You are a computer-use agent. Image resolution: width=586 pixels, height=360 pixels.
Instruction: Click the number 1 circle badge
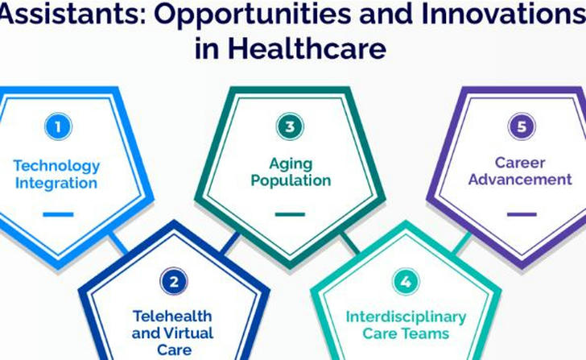58,126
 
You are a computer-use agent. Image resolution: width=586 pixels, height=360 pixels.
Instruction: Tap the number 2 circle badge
174,281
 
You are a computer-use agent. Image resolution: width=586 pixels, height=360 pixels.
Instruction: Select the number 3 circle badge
290,126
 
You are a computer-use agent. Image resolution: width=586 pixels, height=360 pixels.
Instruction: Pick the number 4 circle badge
406,281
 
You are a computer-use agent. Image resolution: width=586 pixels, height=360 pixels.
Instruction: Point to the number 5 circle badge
522,126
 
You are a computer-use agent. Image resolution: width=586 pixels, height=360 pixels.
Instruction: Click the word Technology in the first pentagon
57,166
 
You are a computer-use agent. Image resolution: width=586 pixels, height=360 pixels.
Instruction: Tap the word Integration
56,183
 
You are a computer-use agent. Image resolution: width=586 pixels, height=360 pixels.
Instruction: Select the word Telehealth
172,317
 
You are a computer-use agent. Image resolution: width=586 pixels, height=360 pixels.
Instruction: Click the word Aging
291,164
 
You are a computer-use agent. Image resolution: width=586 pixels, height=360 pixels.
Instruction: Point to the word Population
291,180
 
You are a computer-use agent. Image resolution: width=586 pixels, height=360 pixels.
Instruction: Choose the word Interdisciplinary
406,317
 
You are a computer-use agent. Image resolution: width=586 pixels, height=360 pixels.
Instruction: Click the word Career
520,163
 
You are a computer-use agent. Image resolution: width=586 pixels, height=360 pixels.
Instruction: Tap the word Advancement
520,180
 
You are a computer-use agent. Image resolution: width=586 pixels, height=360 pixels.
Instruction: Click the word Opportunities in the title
252,14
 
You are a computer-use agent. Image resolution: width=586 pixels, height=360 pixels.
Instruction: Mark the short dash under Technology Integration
58,214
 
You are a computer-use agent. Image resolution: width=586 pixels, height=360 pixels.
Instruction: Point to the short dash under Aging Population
290,214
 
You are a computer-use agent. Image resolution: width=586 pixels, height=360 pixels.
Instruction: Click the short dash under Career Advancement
522,214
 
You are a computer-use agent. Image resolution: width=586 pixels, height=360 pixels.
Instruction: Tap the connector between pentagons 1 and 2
119,243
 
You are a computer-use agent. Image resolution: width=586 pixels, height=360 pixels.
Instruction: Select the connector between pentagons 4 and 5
461,243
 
